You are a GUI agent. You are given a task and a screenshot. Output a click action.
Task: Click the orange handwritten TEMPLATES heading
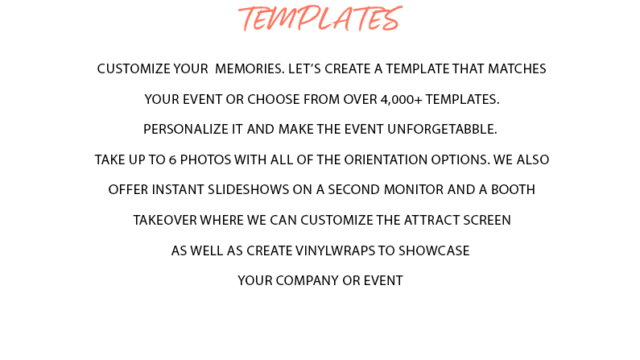click(x=320, y=19)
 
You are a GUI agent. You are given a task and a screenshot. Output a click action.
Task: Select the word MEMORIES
click(x=250, y=69)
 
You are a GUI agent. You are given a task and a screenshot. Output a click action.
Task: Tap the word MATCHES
click(x=517, y=69)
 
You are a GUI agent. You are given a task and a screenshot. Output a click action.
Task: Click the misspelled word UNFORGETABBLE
click(x=442, y=130)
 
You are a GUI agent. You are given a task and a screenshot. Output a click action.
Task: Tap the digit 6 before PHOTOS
click(x=172, y=159)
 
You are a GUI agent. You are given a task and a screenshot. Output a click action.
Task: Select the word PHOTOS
click(x=205, y=159)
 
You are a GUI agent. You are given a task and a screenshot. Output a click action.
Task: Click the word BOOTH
click(x=513, y=190)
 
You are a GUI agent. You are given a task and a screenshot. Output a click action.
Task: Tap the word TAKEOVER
click(x=165, y=221)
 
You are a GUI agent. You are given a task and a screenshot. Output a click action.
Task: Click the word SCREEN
click(x=486, y=221)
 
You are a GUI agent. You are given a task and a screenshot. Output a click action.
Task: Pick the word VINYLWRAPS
click(x=335, y=250)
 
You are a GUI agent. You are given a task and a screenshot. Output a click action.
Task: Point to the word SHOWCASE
click(x=434, y=250)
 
